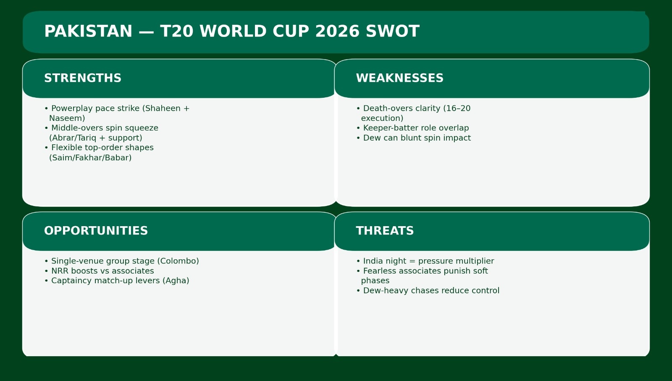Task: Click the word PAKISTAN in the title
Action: [88, 31]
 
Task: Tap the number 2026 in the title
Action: [338, 31]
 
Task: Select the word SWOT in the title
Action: [392, 31]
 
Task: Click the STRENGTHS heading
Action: [83, 78]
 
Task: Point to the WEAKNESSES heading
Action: [399, 78]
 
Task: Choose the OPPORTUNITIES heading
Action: [96, 231]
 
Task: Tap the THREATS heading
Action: [385, 231]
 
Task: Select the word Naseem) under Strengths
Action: [67, 118]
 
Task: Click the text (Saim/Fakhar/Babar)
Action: [90, 158]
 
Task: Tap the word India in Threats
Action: [373, 261]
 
